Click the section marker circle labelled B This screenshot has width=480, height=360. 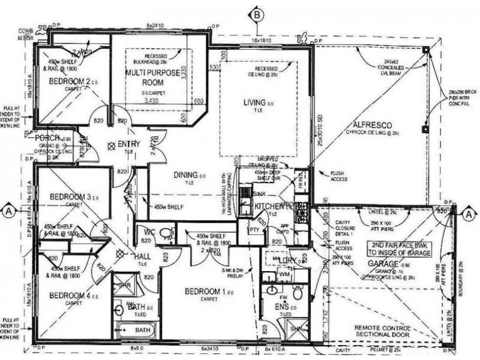[x=257, y=14]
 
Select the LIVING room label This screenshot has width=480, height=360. [x=255, y=103]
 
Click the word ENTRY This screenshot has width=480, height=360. [x=128, y=145]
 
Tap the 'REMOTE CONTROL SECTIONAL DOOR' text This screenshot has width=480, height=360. [x=382, y=332]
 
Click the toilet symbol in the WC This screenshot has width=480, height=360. [x=167, y=232]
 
